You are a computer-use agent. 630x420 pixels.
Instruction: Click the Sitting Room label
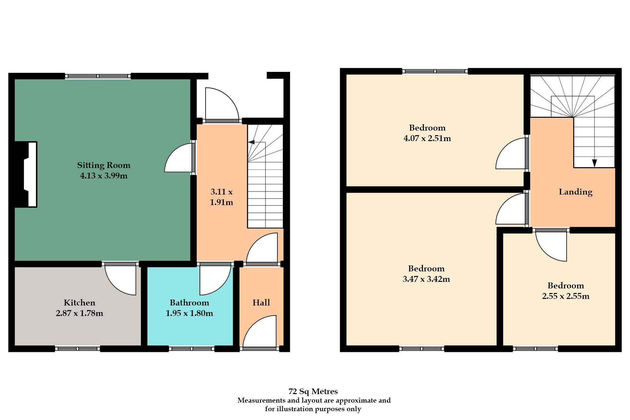[104, 165]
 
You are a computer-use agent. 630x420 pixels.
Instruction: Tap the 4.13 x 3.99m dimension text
[104, 176]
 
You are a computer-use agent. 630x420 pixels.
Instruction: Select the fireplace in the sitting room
[26, 174]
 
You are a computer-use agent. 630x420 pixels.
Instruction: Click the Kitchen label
[79, 303]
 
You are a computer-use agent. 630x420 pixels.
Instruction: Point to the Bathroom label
[189, 303]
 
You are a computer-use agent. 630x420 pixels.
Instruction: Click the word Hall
[261, 303]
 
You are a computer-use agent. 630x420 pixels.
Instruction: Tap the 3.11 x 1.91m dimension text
[221, 197]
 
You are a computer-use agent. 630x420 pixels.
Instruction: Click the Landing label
[576, 192]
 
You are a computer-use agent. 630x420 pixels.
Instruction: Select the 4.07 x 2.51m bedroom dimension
[427, 138]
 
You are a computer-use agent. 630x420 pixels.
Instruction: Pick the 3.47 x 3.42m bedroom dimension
[426, 279]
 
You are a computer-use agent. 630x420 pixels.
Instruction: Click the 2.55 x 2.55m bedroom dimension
[566, 296]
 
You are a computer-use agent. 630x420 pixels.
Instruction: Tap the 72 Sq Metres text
[313, 391]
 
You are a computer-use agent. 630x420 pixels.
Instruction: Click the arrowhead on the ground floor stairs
[251, 142]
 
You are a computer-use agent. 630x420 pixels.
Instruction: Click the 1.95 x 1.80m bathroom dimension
[189, 313]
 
